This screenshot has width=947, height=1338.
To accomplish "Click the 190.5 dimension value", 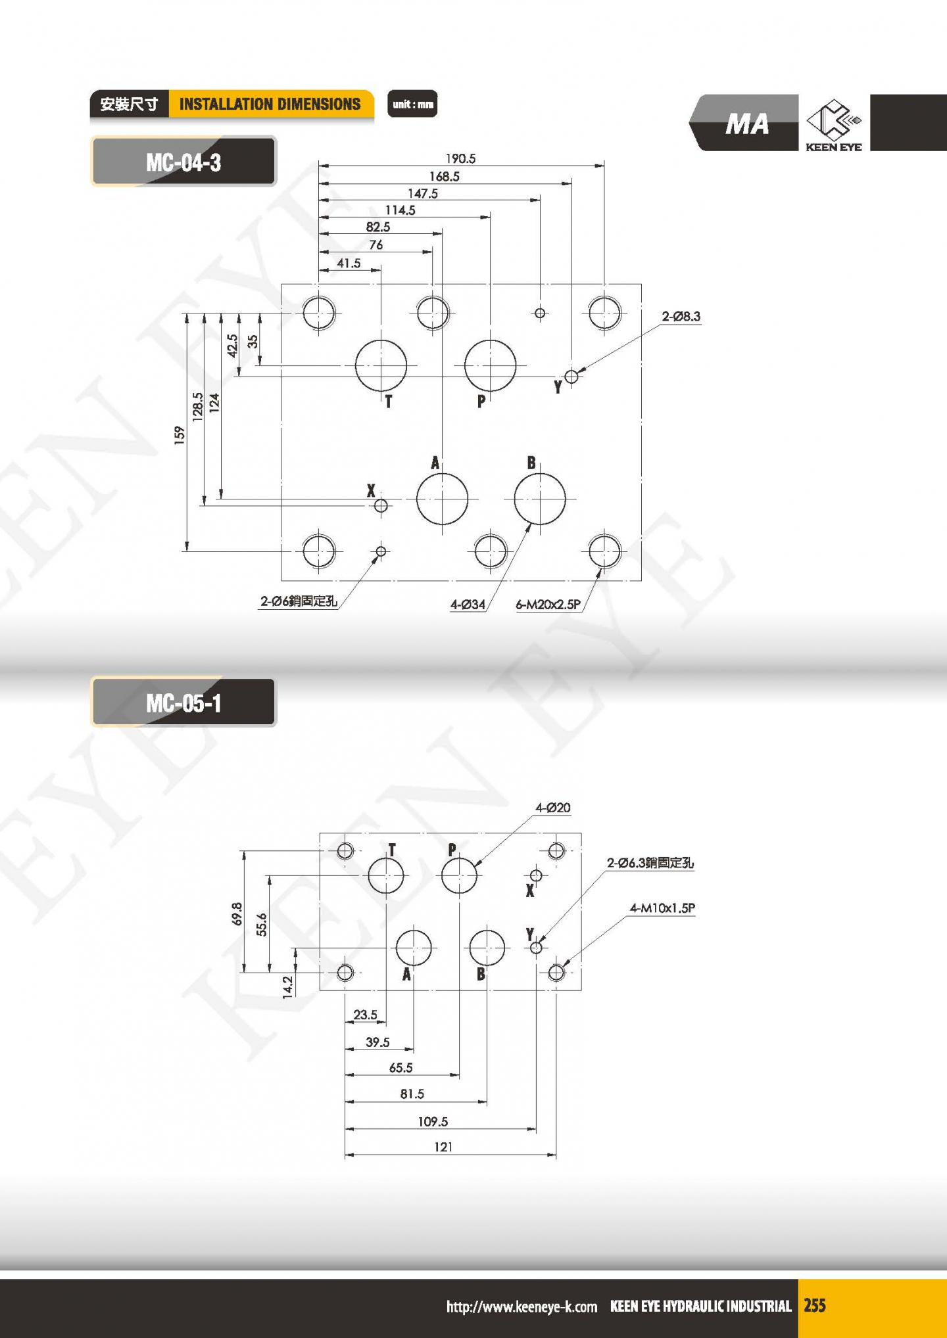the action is (x=460, y=158).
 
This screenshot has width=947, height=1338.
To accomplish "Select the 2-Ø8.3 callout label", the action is (x=681, y=317).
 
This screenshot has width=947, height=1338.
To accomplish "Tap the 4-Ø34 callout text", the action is (x=468, y=605).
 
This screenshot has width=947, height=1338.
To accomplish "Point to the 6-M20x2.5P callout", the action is (x=548, y=605).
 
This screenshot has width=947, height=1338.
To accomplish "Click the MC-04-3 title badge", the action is (x=183, y=162).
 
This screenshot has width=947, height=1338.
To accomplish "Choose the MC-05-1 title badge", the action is (x=183, y=703).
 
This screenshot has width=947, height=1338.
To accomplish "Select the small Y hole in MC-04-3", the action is (x=571, y=377).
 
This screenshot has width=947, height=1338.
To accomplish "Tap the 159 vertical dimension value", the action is (x=180, y=435).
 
